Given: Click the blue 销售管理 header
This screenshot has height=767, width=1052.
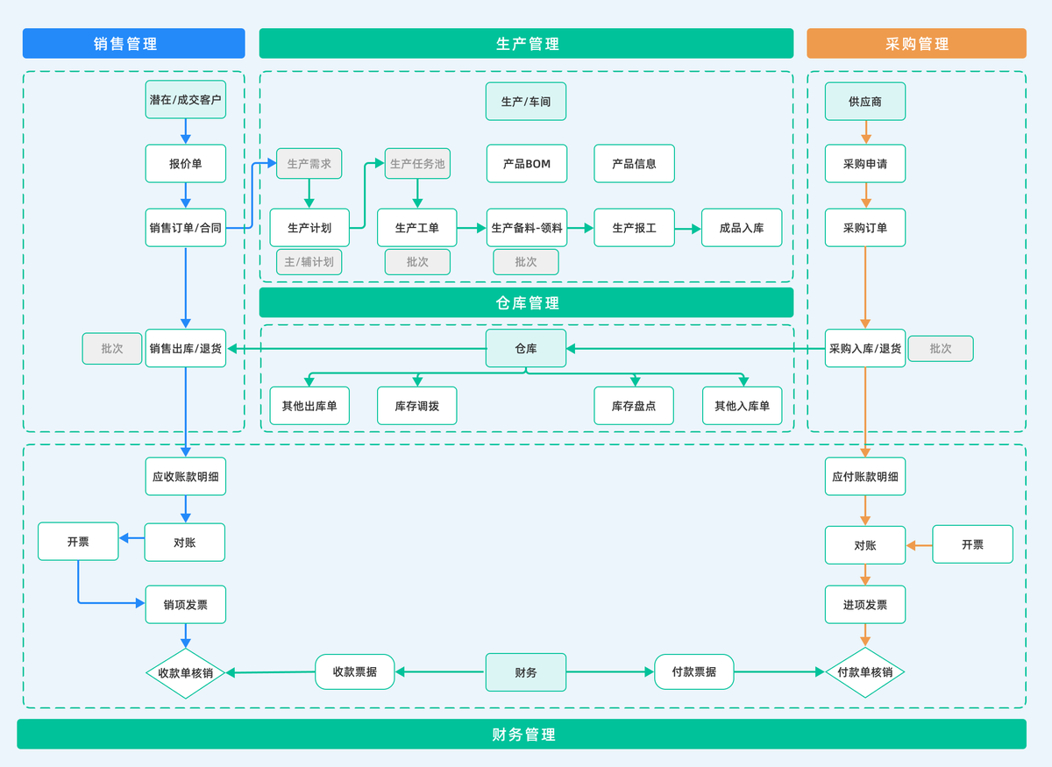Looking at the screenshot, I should (x=133, y=44).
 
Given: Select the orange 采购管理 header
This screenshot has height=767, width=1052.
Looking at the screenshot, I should (x=916, y=44).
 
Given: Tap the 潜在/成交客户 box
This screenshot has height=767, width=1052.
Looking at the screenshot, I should (x=185, y=101).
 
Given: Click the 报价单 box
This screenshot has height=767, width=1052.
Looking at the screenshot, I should (x=185, y=164).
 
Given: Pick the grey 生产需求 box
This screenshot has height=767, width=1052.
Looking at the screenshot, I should (x=309, y=164).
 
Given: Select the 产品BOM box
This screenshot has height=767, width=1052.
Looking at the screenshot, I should (x=526, y=164).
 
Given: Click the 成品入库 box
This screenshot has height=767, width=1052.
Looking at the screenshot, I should (x=742, y=228).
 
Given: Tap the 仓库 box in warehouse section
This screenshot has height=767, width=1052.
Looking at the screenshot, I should (x=526, y=348).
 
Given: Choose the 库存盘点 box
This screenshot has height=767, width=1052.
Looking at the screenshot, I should (x=634, y=406).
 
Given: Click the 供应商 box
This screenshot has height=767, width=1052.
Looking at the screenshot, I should (x=864, y=102).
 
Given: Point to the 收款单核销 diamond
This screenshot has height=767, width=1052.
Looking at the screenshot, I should (x=185, y=673).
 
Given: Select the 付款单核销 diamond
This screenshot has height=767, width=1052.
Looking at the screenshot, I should (x=864, y=672).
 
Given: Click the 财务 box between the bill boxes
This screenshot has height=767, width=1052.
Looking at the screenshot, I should (x=526, y=672).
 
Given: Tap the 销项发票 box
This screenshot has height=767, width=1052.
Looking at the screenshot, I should (x=185, y=605).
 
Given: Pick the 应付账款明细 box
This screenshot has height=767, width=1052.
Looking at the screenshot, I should (x=864, y=477).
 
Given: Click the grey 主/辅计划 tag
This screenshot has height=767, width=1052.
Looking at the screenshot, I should (x=309, y=262).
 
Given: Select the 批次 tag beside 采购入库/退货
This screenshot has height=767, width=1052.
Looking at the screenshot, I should (x=940, y=349).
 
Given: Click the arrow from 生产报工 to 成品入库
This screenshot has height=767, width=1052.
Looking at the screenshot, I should (x=688, y=229).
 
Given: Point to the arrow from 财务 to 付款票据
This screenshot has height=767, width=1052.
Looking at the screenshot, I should (x=610, y=672).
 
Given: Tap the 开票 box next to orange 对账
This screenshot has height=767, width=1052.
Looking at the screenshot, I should (x=972, y=544).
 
